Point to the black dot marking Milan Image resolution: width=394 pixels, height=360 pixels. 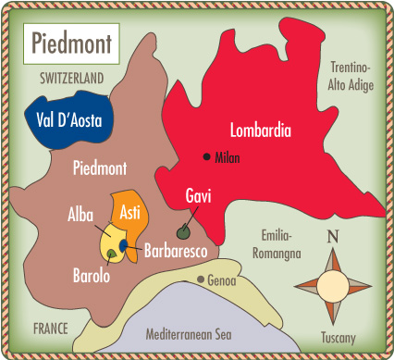pyautogui.click(x=206, y=156)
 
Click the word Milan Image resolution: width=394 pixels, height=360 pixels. pyautogui.click(x=228, y=157)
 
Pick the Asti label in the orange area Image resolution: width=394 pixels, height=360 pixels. pyautogui.click(x=130, y=214)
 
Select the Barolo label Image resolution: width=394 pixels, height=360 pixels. pyautogui.click(x=92, y=275)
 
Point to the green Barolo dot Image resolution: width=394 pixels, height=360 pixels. pyautogui.click(x=111, y=254)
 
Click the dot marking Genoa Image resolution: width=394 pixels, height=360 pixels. pyautogui.click(x=200, y=279)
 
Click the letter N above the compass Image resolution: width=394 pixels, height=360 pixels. pyautogui.click(x=332, y=237)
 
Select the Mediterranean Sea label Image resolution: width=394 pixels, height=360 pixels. pyautogui.click(x=186, y=333)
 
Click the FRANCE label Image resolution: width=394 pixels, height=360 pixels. pyautogui.click(x=51, y=328)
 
